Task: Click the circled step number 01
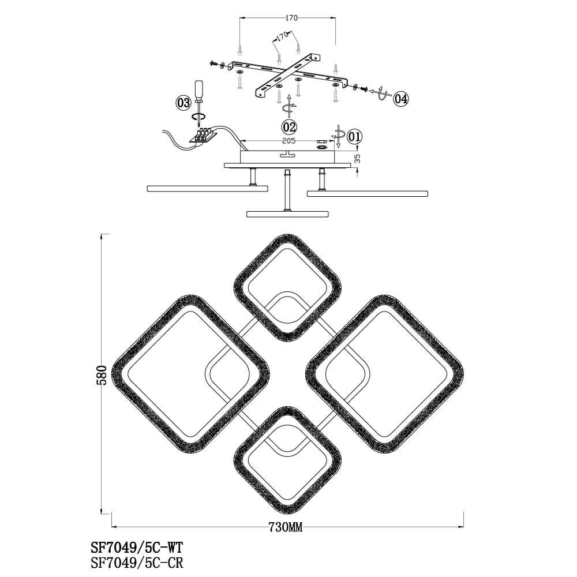[354, 137]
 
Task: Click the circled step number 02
[289, 127]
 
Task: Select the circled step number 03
[183, 103]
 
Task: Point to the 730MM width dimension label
[286, 527]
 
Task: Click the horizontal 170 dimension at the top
[291, 18]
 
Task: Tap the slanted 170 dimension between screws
[282, 38]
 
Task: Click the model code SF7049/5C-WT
[137, 548]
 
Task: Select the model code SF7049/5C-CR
[137, 563]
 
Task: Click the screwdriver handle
[198, 89]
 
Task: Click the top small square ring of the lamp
[287, 287]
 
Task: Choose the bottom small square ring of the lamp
[287, 460]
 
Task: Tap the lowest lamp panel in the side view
[287, 214]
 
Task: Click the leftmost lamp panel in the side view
[208, 189]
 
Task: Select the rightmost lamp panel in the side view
[367, 193]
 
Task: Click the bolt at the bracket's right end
[365, 88]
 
